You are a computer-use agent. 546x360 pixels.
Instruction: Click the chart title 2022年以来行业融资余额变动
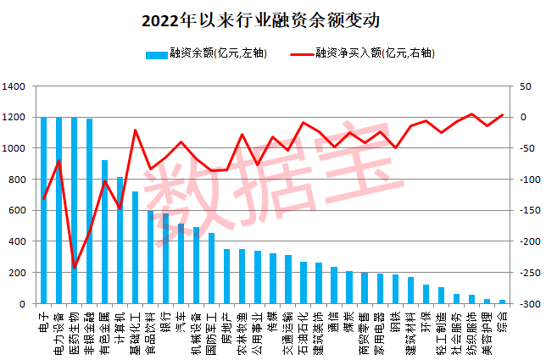point(272,19)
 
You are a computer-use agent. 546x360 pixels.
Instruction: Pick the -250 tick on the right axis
point(526,273)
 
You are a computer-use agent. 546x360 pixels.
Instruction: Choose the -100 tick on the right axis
point(526,179)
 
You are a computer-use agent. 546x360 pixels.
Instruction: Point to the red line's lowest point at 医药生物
point(75,268)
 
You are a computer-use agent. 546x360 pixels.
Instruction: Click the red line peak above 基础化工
point(136,130)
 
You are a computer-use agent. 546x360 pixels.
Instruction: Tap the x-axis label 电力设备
point(59,325)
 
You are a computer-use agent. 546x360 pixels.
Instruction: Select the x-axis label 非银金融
point(90,325)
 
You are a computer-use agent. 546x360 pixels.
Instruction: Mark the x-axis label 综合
point(502,317)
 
